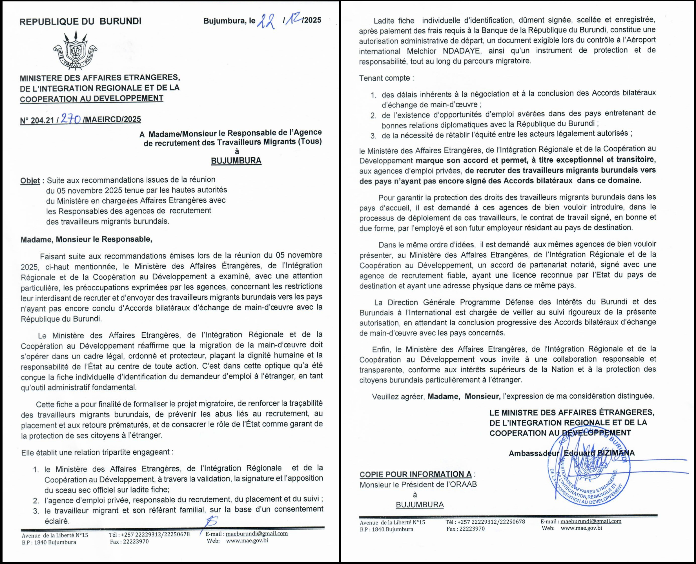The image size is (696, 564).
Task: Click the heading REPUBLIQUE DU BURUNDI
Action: click(81, 21)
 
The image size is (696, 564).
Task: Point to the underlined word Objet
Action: click(30, 181)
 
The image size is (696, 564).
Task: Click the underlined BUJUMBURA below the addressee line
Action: click(236, 161)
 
